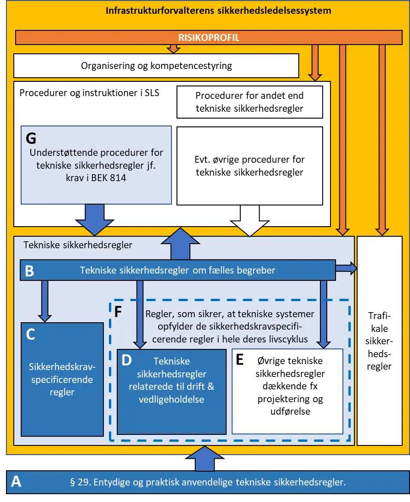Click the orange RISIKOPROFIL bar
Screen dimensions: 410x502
point(209,37)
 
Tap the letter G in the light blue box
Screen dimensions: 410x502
point(31,138)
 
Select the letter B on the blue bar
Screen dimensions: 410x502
point(29,271)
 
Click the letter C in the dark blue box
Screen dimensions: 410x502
point(30,334)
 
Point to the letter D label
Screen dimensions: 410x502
point(126,360)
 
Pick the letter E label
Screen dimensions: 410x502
point(240,359)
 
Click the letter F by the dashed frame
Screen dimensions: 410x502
point(118,312)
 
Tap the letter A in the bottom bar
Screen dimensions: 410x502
point(16,481)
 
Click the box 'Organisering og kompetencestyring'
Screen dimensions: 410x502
point(156,66)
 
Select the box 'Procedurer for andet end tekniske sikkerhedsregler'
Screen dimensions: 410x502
point(250,102)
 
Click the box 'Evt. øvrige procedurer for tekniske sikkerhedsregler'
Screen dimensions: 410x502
point(250,166)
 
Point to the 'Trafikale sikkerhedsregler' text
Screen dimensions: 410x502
point(379,341)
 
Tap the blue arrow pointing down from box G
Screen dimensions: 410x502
point(95,220)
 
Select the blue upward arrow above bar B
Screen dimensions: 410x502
point(181,244)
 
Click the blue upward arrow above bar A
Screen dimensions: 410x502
point(205,458)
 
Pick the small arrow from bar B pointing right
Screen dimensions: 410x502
point(346,268)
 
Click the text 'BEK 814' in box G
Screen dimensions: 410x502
point(108,178)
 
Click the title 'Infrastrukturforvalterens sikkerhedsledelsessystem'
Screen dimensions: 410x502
point(218,11)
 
